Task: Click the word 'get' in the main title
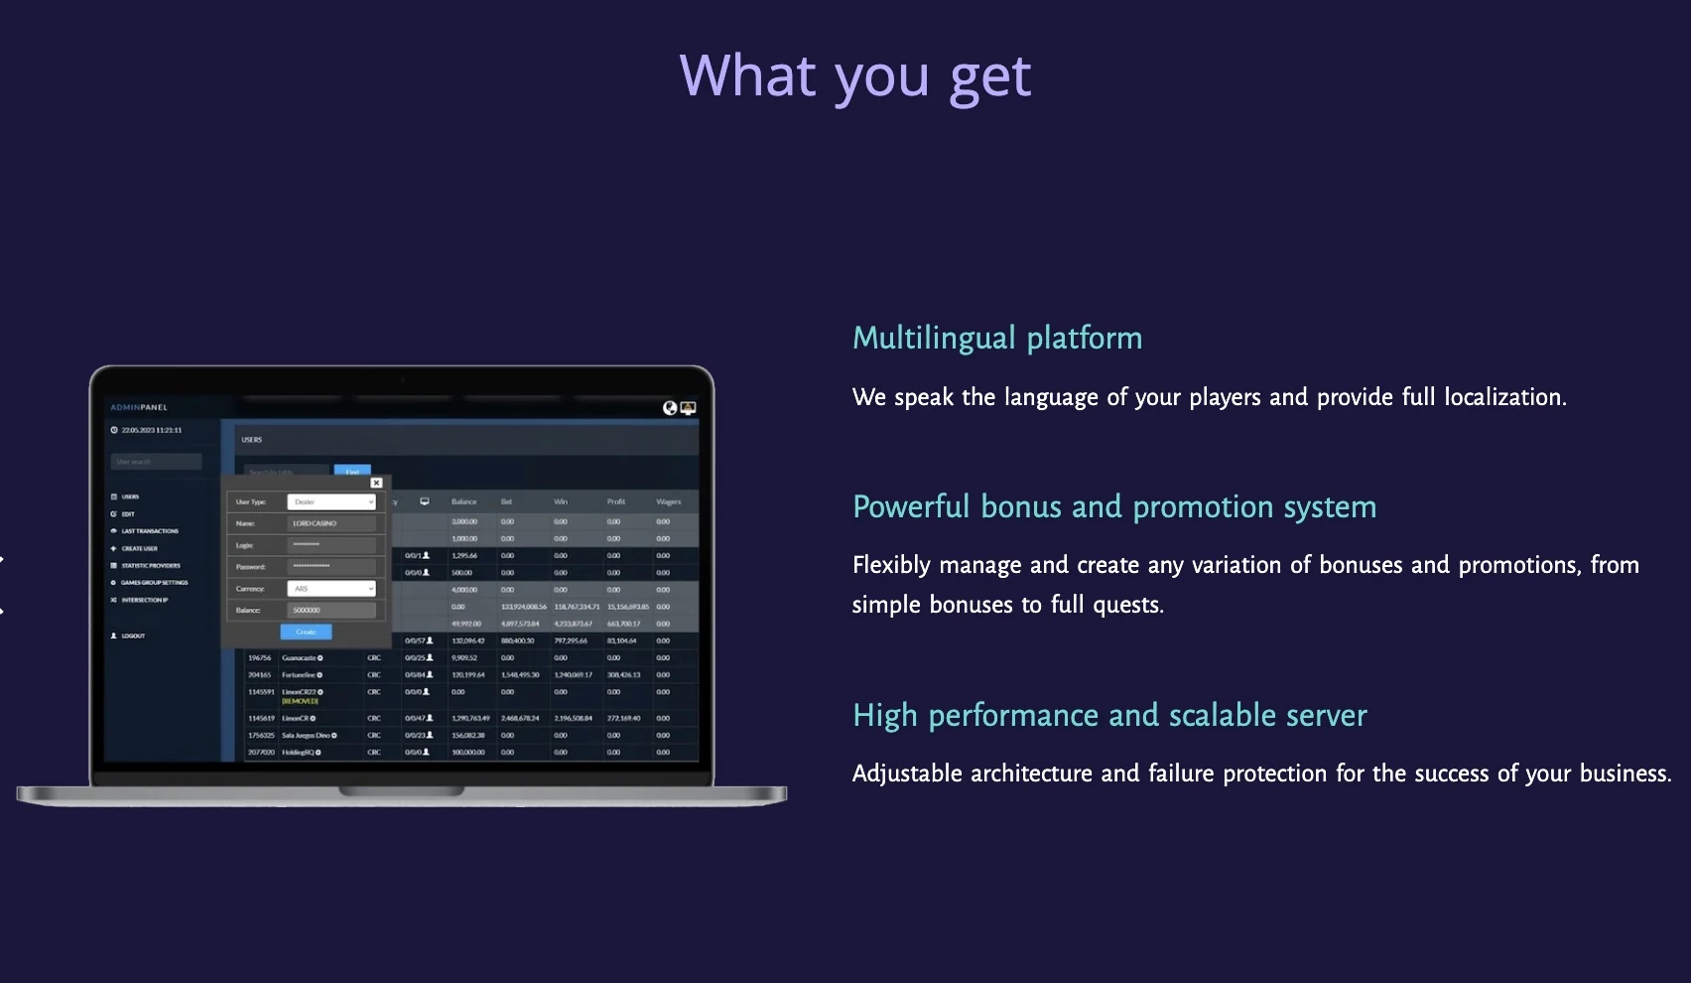click(x=989, y=77)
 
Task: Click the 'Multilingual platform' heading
click(x=997, y=338)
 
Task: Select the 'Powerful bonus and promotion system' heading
click(x=1113, y=506)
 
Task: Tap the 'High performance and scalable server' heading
click(x=1109, y=715)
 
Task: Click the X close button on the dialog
click(x=376, y=483)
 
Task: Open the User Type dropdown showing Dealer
click(x=331, y=502)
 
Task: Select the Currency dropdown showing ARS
click(x=331, y=589)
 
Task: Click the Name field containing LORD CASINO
click(x=331, y=523)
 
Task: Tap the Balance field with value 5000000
click(x=331, y=611)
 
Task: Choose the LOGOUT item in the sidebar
click(x=133, y=635)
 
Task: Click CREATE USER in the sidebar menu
click(x=139, y=548)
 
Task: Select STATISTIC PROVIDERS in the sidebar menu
click(x=150, y=565)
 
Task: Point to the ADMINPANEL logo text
click(x=139, y=407)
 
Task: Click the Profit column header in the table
click(x=616, y=501)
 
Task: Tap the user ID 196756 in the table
click(x=259, y=657)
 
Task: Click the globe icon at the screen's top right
click(x=670, y=408)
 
